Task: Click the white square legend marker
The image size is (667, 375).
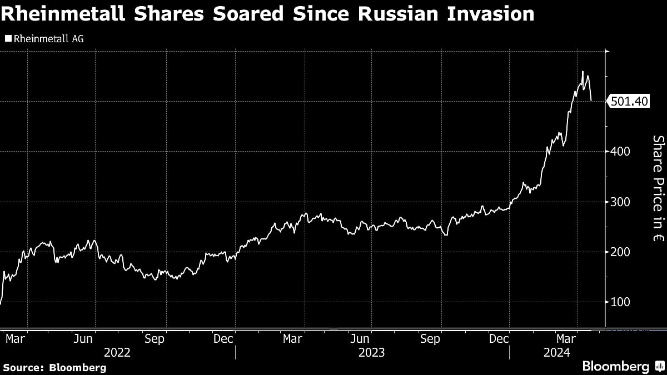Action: coord(7,38)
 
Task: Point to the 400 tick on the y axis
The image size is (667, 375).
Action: coord(618,151)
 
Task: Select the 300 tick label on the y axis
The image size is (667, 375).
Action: coord(618,202)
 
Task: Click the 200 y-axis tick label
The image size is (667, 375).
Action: coord(618,252)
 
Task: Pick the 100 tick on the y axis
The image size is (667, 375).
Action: coord(618,302)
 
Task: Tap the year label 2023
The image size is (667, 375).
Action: coord(371,352)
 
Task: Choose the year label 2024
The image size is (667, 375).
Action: coord(558,352)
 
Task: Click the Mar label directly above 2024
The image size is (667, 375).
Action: coord(566,338)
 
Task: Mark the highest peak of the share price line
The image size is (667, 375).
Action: coord(583,72)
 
